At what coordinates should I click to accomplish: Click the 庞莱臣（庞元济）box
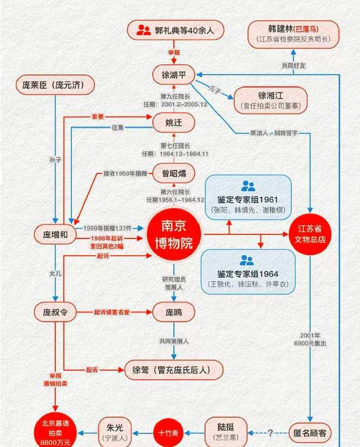pyautogui.click(x=54, y=85)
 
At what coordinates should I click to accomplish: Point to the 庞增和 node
pyautogui.click(x=55, y=235)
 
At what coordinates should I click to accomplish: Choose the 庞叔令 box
pyautogui.click(x=55, y=312)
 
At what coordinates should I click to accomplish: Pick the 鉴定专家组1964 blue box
pyautogui.click(x=248, y=270)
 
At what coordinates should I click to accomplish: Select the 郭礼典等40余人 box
pyautogui.click(x=175, y=30)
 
